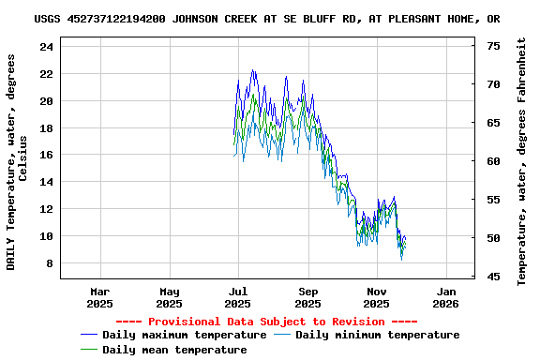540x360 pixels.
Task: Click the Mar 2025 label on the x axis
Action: (100, 297)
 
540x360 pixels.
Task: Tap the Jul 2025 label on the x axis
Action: (239, 297)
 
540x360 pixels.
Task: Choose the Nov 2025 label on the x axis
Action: (377, 297)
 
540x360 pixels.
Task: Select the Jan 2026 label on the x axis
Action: (445, 297)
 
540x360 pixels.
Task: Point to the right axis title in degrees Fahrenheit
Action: (522, 161)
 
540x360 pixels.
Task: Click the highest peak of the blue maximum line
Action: (252, 70)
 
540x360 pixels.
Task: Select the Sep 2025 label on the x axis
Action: (307, 297)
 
